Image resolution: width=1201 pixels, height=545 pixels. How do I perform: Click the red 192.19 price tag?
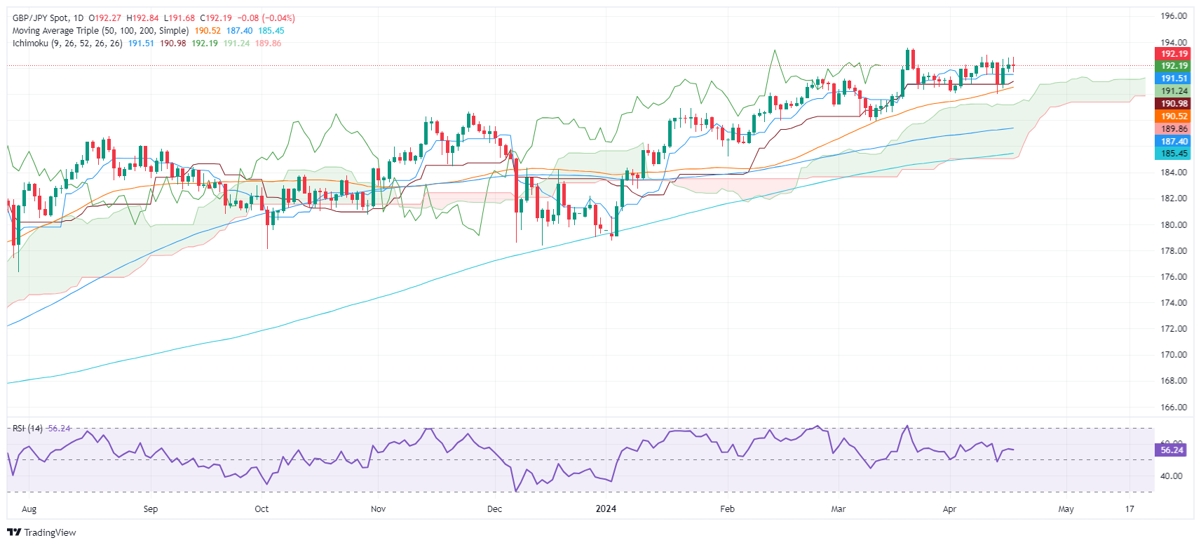point(1174,53)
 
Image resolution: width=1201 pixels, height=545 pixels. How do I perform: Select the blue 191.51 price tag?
point(1174,79)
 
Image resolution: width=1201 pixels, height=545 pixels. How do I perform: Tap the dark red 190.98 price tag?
point(1174,104)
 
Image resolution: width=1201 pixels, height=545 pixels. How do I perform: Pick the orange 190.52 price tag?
point(1174,116)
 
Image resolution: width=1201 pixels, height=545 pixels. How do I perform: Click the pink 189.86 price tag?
point(1174,129)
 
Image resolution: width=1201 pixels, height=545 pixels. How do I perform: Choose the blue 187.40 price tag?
point(1174,141)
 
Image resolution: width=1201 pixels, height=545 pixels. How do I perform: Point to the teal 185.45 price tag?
point(1174,154)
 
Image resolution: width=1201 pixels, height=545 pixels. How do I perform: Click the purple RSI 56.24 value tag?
point(1172,450)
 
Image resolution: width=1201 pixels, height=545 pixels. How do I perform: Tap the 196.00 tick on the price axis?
point(1173,16)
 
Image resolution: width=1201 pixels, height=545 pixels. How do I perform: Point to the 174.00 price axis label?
point(1173,303)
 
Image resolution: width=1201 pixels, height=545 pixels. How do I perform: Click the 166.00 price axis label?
point(1173,407)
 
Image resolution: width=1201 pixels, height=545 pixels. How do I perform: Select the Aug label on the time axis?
point(29,509)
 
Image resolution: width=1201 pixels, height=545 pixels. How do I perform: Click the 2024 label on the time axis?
point(606,509)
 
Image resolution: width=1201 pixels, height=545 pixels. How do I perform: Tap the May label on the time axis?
point(1066,509)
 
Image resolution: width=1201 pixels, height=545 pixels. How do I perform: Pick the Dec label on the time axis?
point(494,509)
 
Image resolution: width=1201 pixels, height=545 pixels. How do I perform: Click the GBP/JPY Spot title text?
point(41,18)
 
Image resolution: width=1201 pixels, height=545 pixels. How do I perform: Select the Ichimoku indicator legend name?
point(30,43)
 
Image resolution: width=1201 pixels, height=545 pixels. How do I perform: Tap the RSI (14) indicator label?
point(27,429)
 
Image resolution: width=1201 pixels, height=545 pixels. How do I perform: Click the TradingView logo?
point(41,532)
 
